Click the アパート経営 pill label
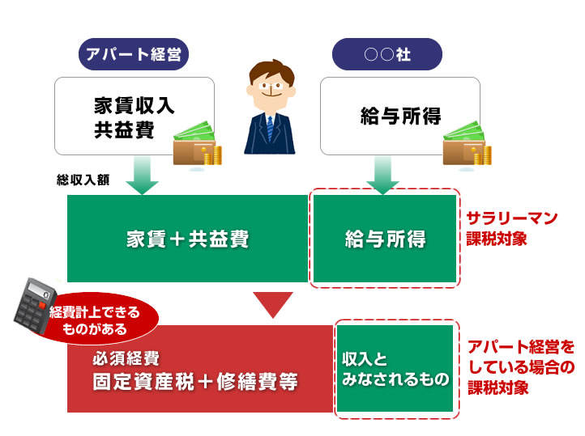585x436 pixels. [133, 54]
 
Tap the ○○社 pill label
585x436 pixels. [386, 54]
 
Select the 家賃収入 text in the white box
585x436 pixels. [134, 105]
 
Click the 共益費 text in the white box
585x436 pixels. [124, 130]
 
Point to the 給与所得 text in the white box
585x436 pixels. [400, 116]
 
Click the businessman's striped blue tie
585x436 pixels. [270, 129]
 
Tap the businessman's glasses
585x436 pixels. [271, 86]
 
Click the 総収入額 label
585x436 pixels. [83, 180]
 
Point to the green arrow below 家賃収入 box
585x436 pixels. [142, 175]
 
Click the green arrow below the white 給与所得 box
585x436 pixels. [382, 175]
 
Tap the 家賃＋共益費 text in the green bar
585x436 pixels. [187, 239]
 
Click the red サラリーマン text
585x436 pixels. [512, 218]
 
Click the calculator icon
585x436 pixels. [34, 306]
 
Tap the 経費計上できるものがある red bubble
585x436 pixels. [98, 320]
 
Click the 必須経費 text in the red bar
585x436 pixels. [126, 358]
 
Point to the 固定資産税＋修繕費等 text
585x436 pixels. [195, 381]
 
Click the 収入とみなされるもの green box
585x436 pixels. [395, 368]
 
